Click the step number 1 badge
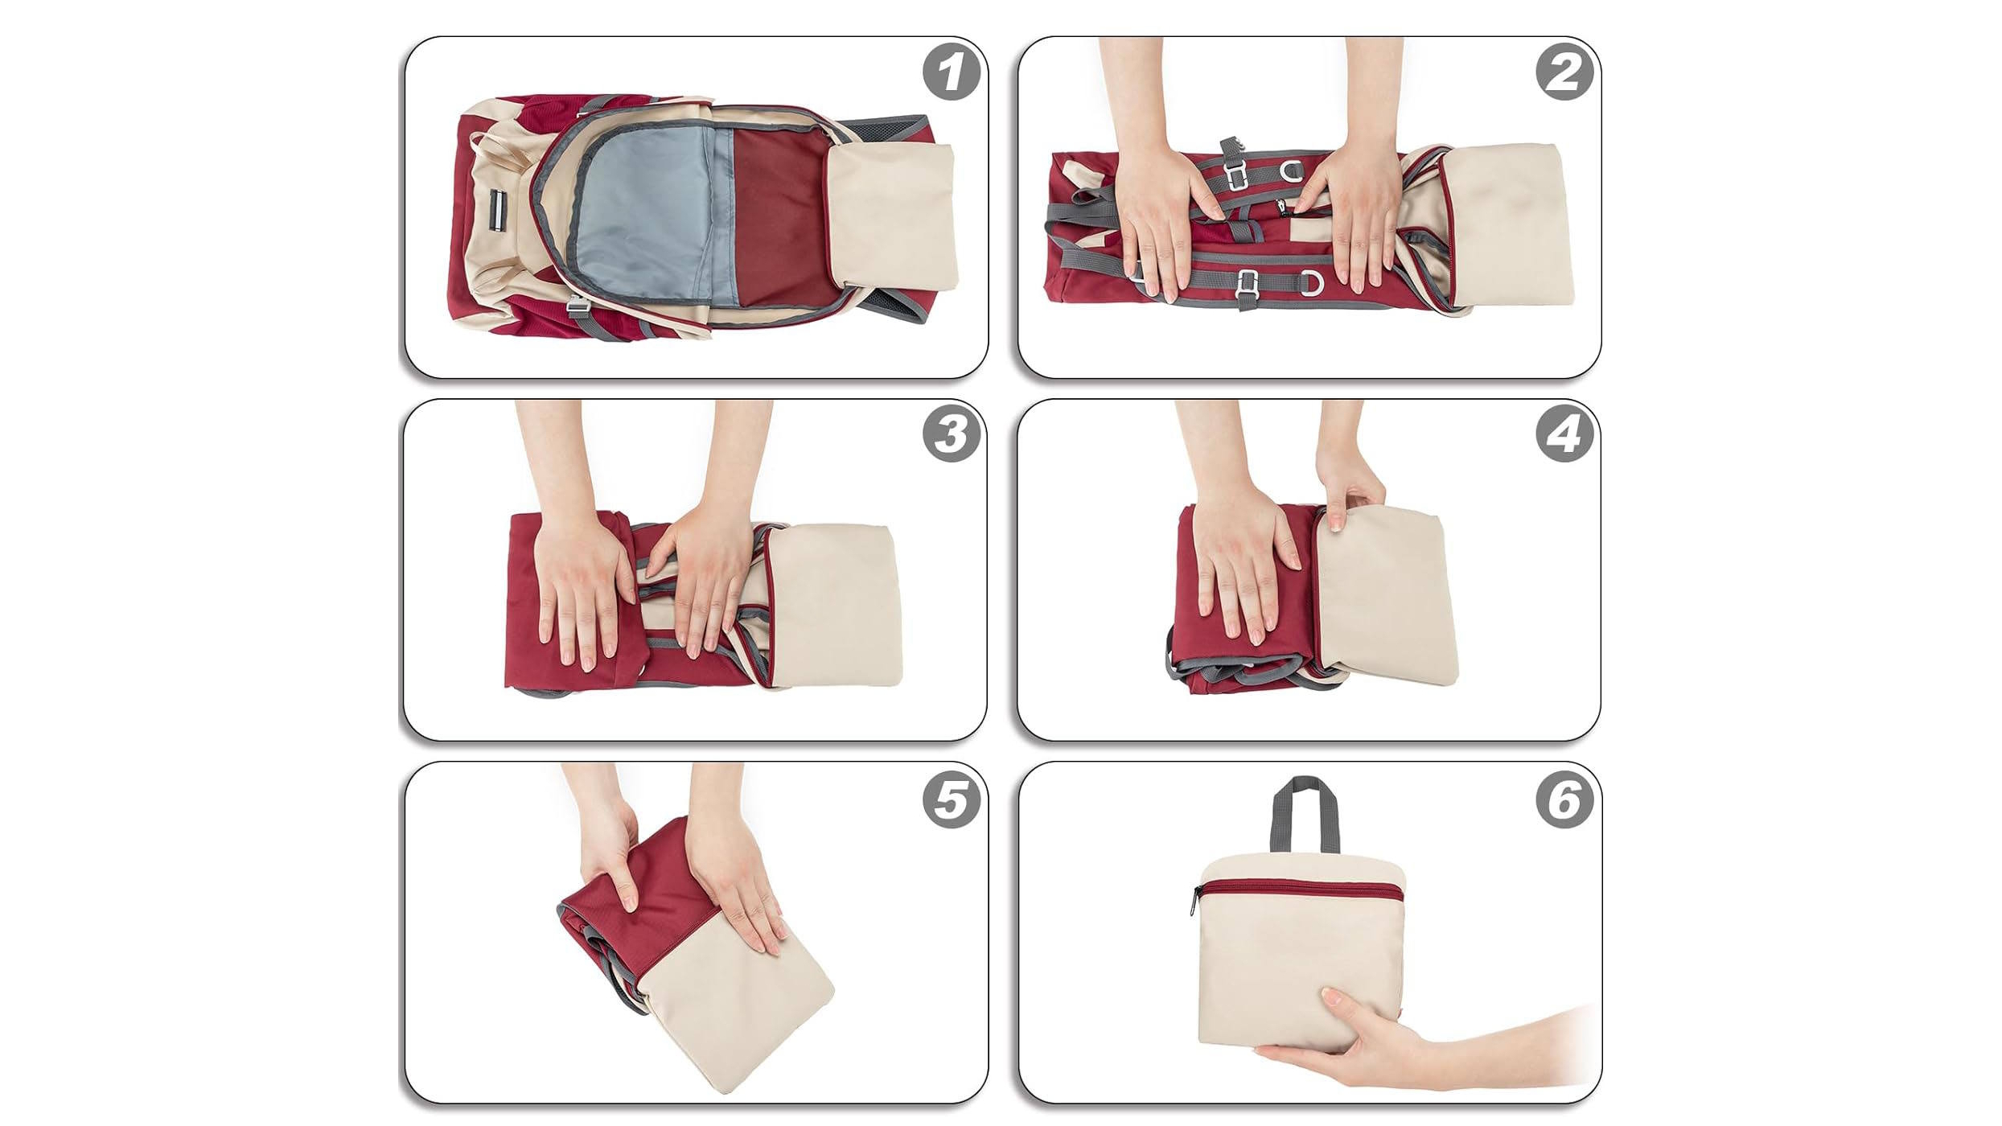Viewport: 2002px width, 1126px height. pos(952,72)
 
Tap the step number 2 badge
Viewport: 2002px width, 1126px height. pos(1564,72)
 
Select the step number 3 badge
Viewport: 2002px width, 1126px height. pos(952,434)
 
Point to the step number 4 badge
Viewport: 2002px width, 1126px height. pos(1564,434)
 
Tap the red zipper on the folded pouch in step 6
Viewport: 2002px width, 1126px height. pos(1299,889)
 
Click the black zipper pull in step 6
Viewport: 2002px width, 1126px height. pos(1194,901)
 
